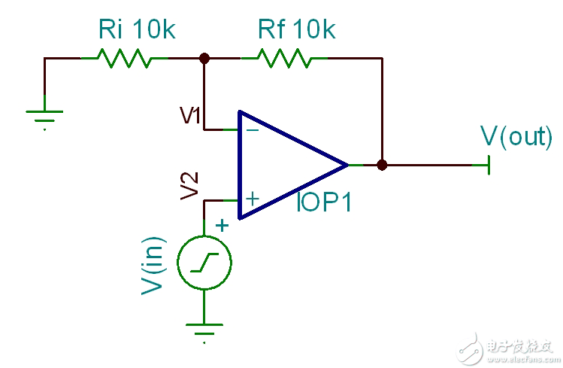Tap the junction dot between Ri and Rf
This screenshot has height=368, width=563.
(x=204, y=57)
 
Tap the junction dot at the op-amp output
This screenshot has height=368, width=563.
(x=382, y=164)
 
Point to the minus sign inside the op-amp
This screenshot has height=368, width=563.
(x=253, y=129)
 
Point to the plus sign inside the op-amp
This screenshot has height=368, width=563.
(x=253, y=199)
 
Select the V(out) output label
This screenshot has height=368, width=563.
(x=515, y=138)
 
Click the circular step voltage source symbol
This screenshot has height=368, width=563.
(x=204, y=263)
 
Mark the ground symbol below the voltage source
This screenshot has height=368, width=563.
(x=204, y=329)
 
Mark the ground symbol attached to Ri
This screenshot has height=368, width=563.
(x=45, y=117)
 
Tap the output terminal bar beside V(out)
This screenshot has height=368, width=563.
(x=489, y=164)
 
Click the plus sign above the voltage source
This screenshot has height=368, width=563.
(x=222, y=224)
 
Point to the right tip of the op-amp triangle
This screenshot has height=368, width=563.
(x=347, y=164)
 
